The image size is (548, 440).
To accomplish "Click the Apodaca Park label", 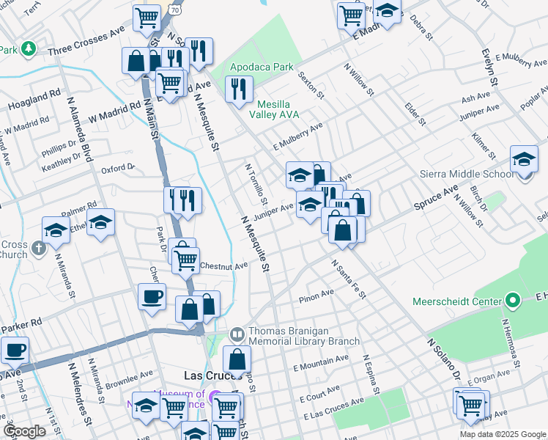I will (x=262, y=67).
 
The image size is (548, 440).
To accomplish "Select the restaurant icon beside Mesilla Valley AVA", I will (x=238, y=89).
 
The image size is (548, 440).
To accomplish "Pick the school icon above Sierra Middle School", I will (x=524, y=158).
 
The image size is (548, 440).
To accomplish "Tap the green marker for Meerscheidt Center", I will (x=513, y=301).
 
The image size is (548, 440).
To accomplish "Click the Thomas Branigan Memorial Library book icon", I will (x=237, y=335).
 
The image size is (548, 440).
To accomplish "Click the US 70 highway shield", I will (x=173, y=10).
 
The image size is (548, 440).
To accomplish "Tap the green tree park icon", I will (x=28, y=48).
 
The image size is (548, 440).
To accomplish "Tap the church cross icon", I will (x=40, y=247).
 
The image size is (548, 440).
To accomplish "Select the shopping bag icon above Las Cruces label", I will (x=237, y=359).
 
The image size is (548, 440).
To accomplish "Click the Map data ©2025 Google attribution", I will (x=503, y=434).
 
